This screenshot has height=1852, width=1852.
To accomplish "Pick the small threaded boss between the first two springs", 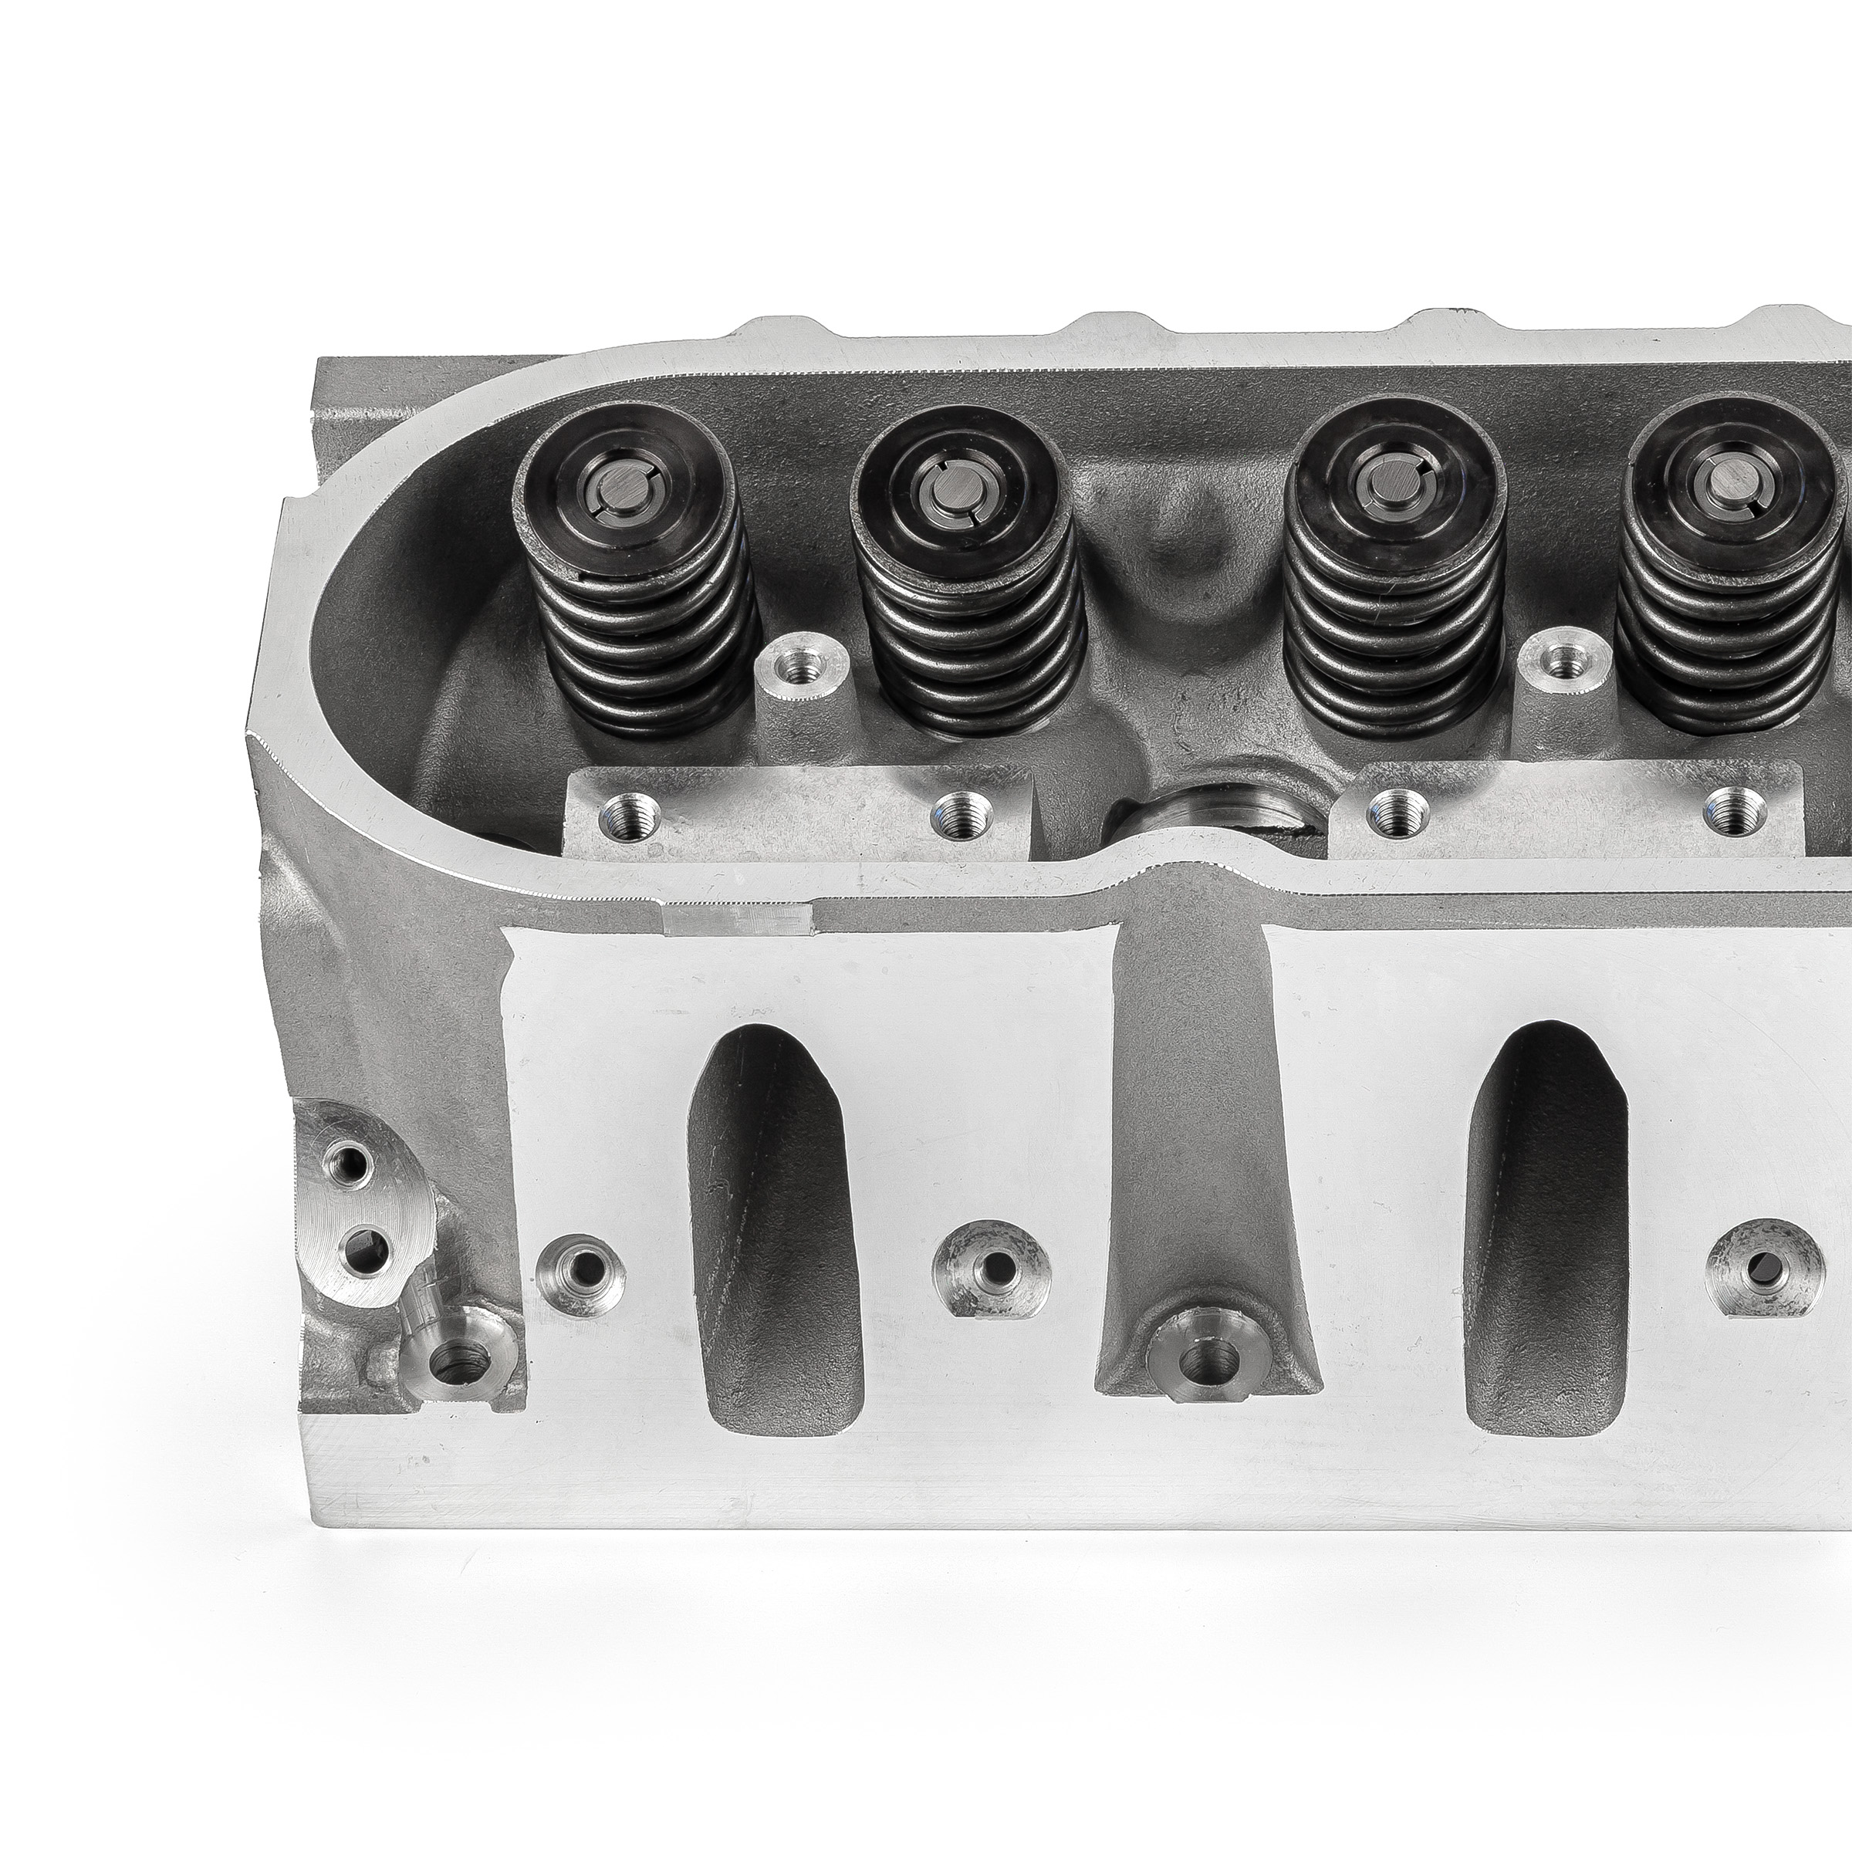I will tap(803, 664).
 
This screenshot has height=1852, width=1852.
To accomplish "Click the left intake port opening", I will tap(776, 1236).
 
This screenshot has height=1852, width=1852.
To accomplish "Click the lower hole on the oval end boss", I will tap(363, 1247).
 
